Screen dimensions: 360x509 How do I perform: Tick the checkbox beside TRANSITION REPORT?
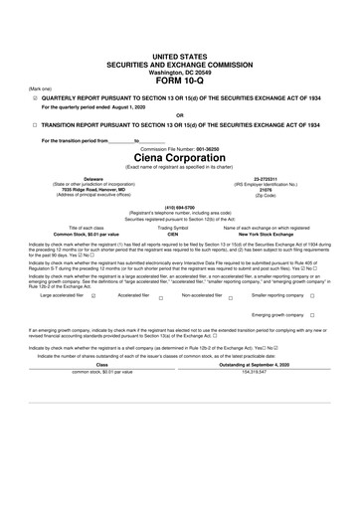pos(35,125)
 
